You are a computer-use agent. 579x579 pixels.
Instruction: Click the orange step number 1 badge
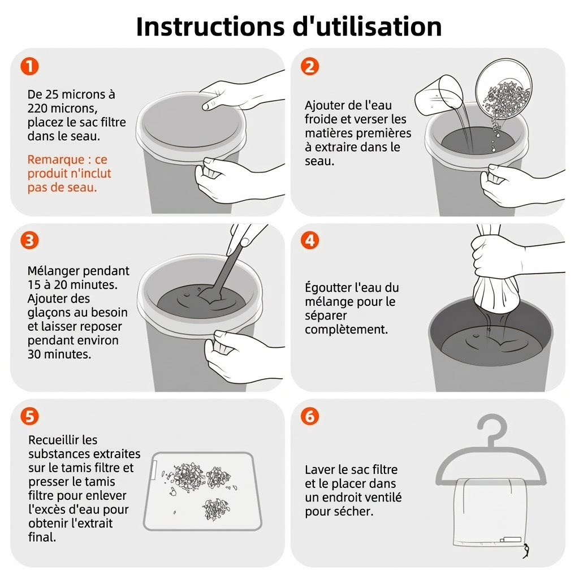29,67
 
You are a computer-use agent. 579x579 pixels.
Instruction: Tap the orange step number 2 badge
310,67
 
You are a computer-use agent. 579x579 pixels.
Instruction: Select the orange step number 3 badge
29,240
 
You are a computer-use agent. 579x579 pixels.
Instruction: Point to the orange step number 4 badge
310,240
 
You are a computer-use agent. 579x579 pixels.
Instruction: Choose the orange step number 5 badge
29,416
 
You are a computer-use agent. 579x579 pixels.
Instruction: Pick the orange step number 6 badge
310,416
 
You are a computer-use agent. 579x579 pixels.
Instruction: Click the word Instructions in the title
210,27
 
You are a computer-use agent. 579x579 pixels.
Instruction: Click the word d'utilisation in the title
367,27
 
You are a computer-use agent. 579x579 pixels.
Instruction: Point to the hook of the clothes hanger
492,429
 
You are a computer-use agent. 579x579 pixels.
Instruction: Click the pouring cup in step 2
439,94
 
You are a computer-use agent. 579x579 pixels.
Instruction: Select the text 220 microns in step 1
62,109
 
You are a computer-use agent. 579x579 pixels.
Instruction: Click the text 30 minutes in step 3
59,355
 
